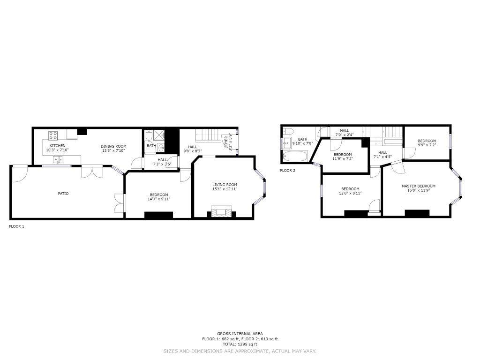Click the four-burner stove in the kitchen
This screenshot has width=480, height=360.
[x=53, y=135]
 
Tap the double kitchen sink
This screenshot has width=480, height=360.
[x=58, y=159]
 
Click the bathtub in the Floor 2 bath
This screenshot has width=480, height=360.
[x=295, y=156]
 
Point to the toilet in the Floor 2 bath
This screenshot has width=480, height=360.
[x=288, y=132]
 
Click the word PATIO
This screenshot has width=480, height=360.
[x=63, y=194]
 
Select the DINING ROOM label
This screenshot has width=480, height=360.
[x=113, y=146]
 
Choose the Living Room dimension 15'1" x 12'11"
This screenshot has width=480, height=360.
[x=225, y=189]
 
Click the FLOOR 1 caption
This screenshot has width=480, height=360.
[x=16, y=226]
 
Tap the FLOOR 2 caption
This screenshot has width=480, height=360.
[x=288, y=171]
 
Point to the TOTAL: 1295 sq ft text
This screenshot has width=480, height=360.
[x=240, y=345]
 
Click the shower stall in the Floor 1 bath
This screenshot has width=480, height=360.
[x=158, y=134]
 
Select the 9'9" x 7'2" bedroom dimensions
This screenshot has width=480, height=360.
[x=427, y=145]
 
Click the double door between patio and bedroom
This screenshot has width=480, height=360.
[x=120, y=203]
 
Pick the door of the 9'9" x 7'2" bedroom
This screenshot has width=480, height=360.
[x=409, y=153]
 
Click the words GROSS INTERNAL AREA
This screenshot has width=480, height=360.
[x=240, y=334]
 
